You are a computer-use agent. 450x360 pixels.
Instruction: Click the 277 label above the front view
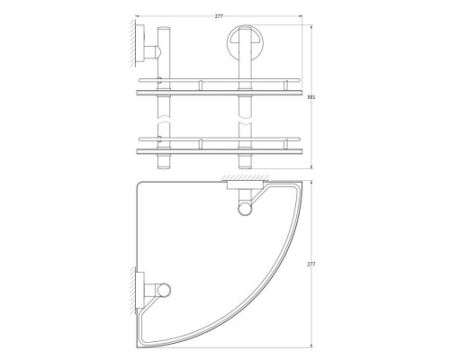[x=219, y=16]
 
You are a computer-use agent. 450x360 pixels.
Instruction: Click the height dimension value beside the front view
[x=311, y=97]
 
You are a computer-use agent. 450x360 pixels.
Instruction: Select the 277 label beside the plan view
[x=311, y=265]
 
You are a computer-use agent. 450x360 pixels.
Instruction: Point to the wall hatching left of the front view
[x=132, y=43]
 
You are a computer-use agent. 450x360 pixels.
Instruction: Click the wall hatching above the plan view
[x=245, y=177]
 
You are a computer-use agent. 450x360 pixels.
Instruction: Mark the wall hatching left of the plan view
[x=132, y=291]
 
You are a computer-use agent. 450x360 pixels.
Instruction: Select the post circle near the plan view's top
[x=245, y=209]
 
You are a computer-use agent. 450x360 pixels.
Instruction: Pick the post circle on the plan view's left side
[x=163, y=290]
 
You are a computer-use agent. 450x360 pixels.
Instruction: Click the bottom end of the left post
[x=164, y=168]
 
